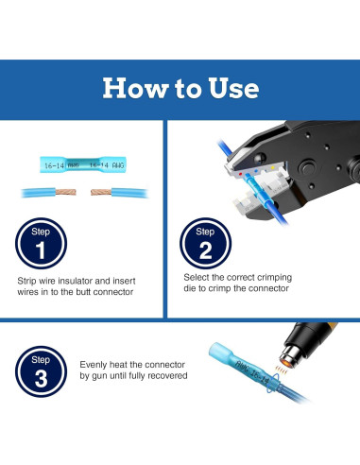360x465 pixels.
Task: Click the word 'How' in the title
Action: [x=135, y=88]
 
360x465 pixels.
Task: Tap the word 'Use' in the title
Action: [x=233, y=88]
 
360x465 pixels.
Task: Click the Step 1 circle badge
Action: [x=41, y=243]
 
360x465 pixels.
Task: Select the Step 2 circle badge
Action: [x=205, y=243]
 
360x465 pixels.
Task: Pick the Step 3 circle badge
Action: [x=41, y=371]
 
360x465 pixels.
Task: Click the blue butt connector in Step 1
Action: [x=83, y=164]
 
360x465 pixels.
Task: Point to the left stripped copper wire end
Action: [x=66, y=192]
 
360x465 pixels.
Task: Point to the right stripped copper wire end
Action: [x=101, y=192]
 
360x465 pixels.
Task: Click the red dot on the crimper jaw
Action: [x=241, y=174]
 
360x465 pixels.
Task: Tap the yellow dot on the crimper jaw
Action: [x=273, y=168]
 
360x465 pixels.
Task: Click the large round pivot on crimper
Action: [x=307, y=168]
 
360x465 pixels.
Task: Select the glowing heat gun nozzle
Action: [x=290, y=357]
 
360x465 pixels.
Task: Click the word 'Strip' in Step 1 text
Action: [x=26, y=281]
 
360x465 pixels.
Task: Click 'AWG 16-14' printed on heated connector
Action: [x=252, y=372]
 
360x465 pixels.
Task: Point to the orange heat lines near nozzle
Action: [x=281, y=370]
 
